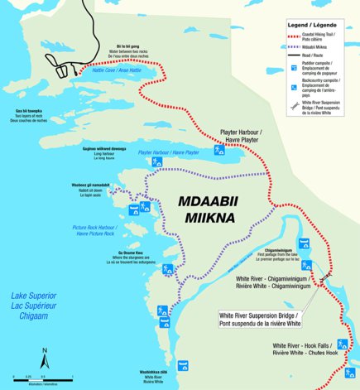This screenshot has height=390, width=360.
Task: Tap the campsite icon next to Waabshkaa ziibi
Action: [183, 365]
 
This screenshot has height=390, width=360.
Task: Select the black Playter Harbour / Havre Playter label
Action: [242, 135]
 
